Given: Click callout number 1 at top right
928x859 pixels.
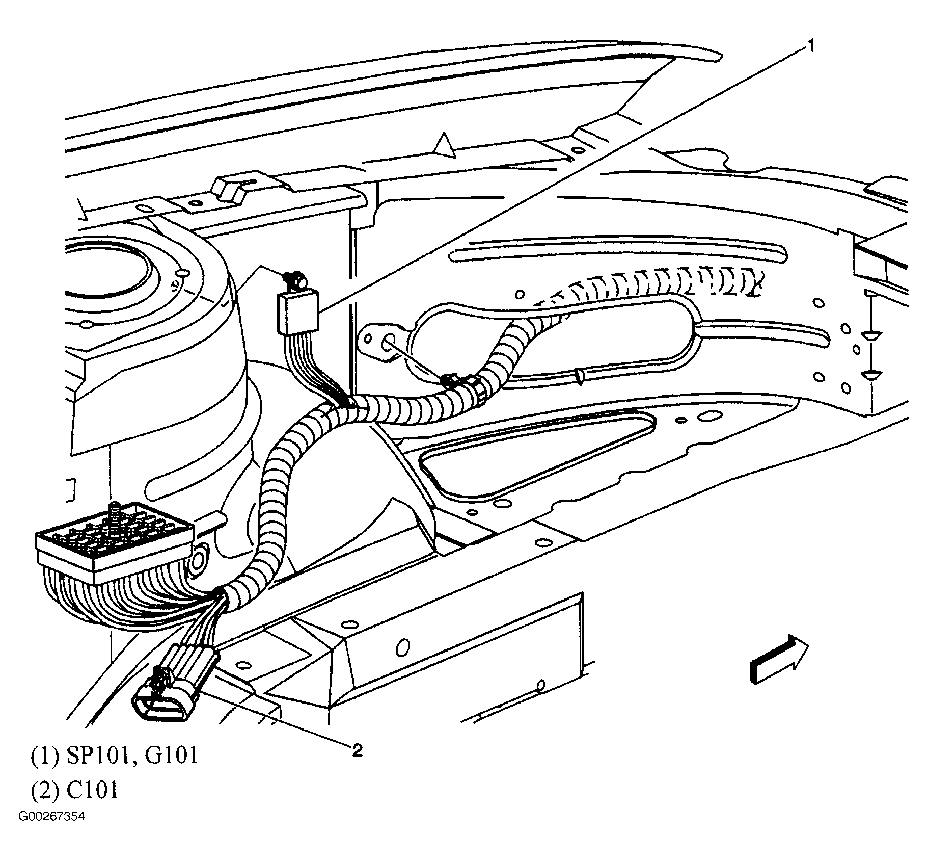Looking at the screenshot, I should (810, 47).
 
